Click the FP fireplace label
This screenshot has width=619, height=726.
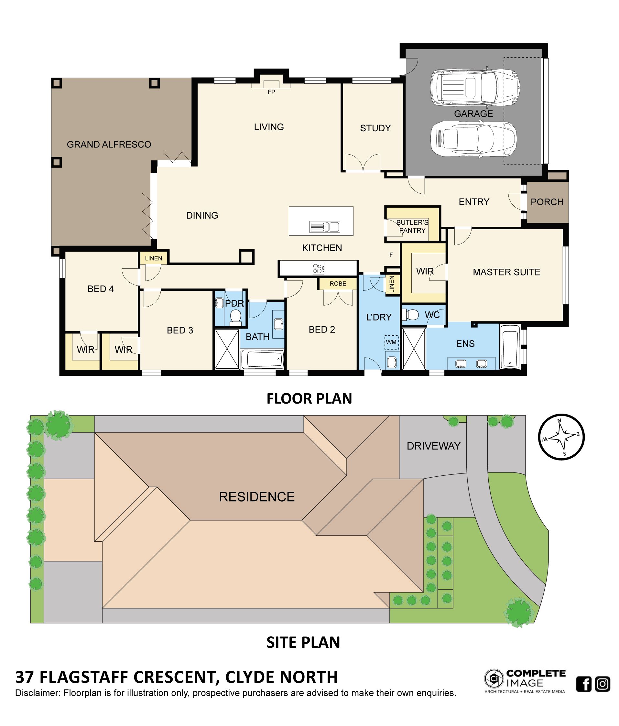[271, 92]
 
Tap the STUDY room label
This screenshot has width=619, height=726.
[375, 128]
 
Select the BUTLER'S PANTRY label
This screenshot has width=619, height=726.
[412, 226]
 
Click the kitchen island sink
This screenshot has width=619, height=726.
[325, 227]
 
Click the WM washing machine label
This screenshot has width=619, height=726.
[391, 342]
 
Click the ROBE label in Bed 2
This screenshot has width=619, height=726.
[338, 284]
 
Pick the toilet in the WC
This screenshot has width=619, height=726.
[410, 315]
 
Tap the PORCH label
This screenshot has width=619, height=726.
[547, 202]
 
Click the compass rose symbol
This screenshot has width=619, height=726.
[561, 437]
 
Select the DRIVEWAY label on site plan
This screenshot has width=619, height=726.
[433, 446]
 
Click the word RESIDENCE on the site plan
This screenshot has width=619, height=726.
[257, 497]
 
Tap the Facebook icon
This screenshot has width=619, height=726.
[584, 684]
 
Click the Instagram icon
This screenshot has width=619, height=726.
[603, 684]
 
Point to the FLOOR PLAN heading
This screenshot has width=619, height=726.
[309, 399]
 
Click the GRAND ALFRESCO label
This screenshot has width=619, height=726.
[109, 145]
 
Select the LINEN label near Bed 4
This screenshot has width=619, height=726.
[153, 259]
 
